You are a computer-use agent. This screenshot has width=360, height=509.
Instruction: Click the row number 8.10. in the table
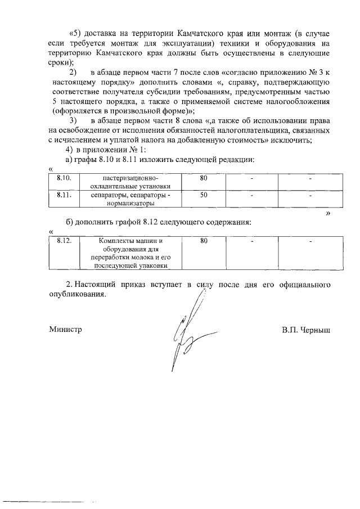(x=64, y=178)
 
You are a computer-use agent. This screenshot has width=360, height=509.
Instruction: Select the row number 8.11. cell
(x=64, y=195)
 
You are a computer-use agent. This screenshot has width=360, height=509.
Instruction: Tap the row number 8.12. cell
(x=64, y=241)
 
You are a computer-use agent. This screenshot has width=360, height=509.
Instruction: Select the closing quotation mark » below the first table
(x=327, y=214)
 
